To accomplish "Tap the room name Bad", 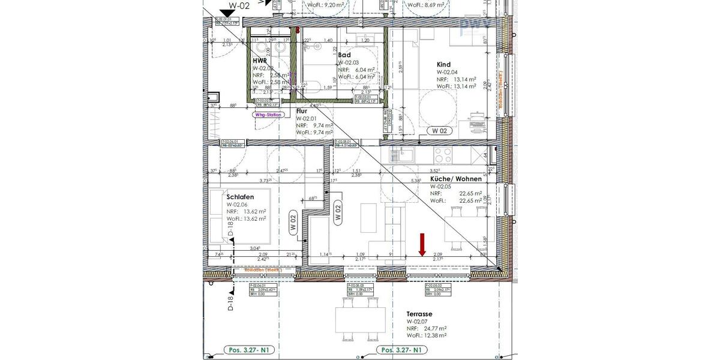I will point(344,55).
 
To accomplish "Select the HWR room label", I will point(260,61).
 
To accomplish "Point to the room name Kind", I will point(443,65).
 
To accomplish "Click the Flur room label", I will point(302,111).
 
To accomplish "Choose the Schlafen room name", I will point(240,197).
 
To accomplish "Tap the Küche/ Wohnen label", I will point(456,179).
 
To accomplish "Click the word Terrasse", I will point(419,314).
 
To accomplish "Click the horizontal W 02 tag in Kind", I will point(439,130).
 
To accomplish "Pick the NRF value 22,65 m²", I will point(470,193).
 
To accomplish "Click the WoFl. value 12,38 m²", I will point(433,335).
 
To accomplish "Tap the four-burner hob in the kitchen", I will point(443,154).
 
